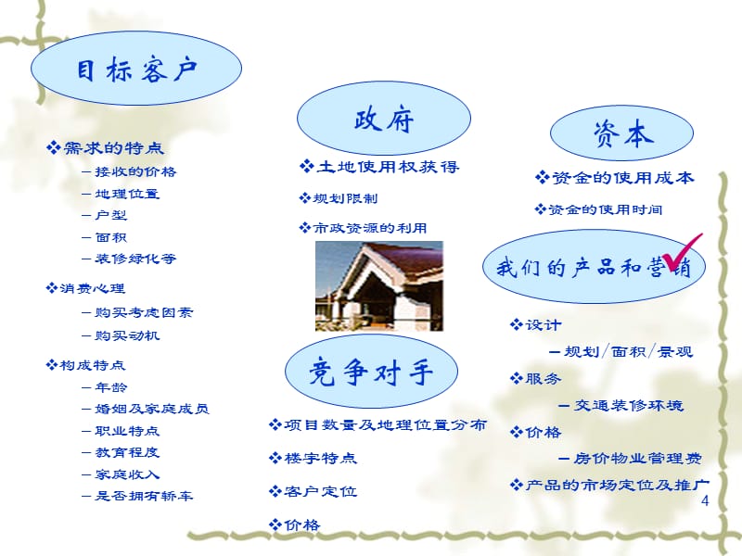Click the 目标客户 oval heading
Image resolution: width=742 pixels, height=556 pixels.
point(136,69)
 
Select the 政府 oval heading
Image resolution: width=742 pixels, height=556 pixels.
point(383,119)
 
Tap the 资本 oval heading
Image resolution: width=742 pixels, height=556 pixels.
point(622,135)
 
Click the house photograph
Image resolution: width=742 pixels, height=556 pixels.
point(379,285)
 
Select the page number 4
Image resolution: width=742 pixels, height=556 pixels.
point(706,501)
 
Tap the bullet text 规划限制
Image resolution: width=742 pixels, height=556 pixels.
point(346,198)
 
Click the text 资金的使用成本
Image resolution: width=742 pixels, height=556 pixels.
point(621,178)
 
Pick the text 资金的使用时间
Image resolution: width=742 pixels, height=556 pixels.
point(606,209)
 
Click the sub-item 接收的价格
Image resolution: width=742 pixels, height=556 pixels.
point(134,171)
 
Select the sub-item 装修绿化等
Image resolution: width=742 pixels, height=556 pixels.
point(134,259)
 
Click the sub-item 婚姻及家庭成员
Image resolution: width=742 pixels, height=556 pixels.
point(150,409)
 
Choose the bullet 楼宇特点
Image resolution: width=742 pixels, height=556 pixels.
point(319,459)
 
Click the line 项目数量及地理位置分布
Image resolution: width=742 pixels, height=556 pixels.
point(383,425)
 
